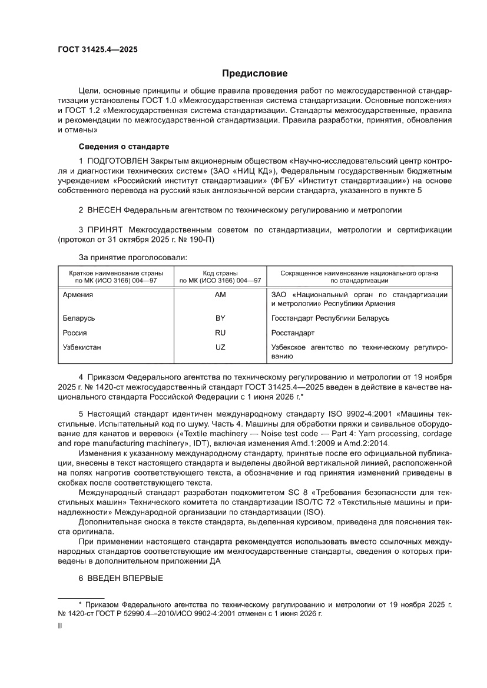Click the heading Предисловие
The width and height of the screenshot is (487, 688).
(254, 74)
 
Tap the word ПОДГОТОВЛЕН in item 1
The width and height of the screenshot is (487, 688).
(118, 161)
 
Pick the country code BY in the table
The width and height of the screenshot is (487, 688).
(220, 318)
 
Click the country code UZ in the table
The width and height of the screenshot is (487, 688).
(220, 347)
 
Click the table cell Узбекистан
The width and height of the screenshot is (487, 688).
(82, 347)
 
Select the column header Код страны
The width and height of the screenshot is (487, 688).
(220, 273)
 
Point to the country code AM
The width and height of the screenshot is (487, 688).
(220, 294)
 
